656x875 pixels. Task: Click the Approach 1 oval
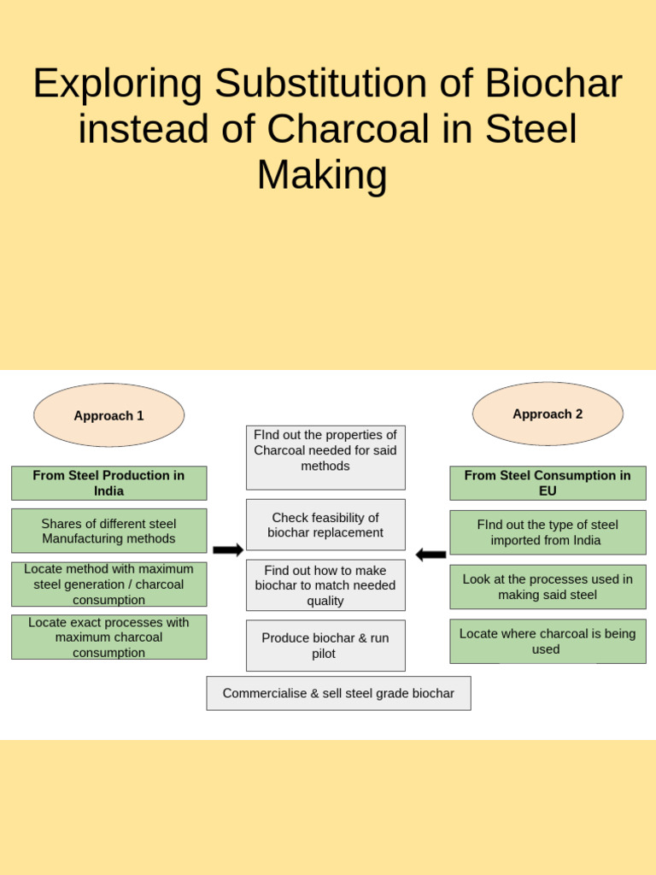pyautogui.click(x=108, y=415)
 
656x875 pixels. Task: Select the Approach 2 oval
pyautogui.click(x=548, y=414)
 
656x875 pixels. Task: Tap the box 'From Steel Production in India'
pyautogui.click(x=108, y=483)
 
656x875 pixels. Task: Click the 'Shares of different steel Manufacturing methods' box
pyautogui.click(x=108, y=531)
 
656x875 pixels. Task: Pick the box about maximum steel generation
pyautogui.click(x=108, y=584)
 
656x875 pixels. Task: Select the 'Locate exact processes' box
pyautogui.click(x=108, y=637)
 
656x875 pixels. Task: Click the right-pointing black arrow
pyautogui.click(x=228, y=550)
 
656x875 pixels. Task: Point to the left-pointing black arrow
pyautogui.click(x=430, y=555)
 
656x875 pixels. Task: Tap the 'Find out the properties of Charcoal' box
pyautogui.click(x=325, y=457)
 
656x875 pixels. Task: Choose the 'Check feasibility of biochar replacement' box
pyautogui.click(x=325, y=525)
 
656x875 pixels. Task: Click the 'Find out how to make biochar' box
pyautogui.click(x=325, y=585)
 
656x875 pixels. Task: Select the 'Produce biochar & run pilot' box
pyautogui.click(x=325, y=645)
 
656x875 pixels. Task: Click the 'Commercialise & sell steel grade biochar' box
pyautogui.click(x=338, y=693)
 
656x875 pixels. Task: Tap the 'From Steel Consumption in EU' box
pyautogui.click(x=548, y=483)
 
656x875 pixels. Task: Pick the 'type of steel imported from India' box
pyautogui.click(x=548, y=532)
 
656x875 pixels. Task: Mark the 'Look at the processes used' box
pyautogui.click(x=548, y=586)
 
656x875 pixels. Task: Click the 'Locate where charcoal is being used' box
pyautogui.click(x=548, y=641)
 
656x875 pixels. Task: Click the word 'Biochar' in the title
pyautogui.click(x=553, y=84)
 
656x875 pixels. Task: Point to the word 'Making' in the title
pyautogui.click(x=322, y=174)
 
